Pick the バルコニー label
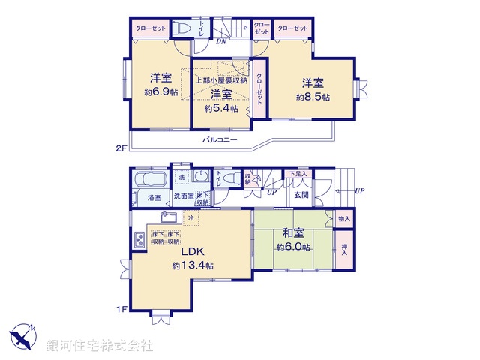pos(219,140)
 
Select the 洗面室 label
pos(184,196)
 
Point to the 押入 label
pos(344,249)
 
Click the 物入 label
pos(344,219)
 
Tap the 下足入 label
pos(298,174)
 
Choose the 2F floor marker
pos(121,148)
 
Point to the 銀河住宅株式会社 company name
pos(100,346)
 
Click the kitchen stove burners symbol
pos(139,241)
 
